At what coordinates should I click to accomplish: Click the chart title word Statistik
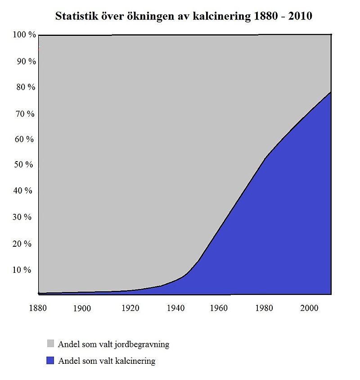(75, 16)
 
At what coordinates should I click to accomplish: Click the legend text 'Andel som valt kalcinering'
(107, 361)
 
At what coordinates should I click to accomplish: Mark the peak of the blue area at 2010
(331, 92)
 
